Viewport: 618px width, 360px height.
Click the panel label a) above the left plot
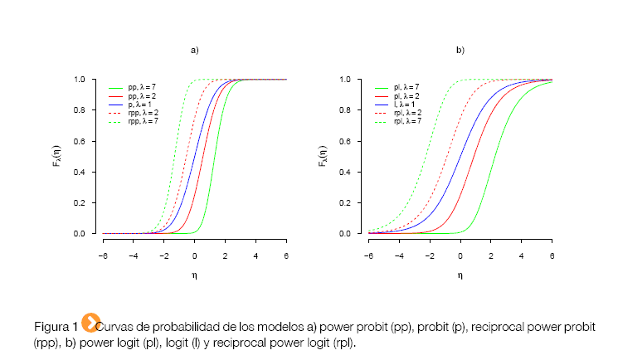pos(195,51)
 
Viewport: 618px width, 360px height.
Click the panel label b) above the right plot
pos(460,51)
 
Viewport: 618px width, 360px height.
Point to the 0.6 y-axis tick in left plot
pos(80,141)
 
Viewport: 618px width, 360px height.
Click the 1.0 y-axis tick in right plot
pos(346,80)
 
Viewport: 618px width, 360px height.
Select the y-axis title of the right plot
pos(323,157)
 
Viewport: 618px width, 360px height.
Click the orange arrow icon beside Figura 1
pos(91,323)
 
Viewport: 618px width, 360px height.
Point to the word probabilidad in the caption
pos(179,325)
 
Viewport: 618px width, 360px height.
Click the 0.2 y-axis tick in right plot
pos(346,203)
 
